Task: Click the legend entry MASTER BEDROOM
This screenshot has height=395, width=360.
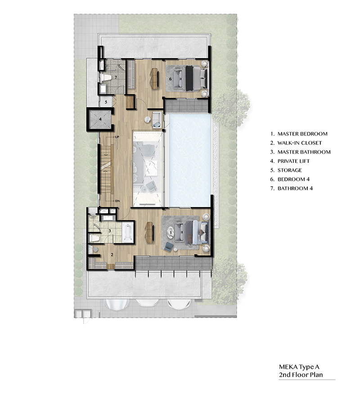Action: coord(302,134)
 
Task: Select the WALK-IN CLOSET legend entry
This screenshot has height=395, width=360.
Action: coord(300,143)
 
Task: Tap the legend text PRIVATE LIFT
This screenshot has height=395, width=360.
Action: coord(293,161)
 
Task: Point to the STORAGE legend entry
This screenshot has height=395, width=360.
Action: coord(290,170)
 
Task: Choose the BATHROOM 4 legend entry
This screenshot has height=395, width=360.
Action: coord(295,188)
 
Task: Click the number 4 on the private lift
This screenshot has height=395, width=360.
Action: coord(100,119)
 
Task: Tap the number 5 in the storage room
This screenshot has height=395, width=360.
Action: coord(106,102)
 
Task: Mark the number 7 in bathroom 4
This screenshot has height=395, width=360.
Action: coord(116,77)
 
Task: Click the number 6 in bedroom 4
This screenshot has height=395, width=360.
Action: coord(170,79)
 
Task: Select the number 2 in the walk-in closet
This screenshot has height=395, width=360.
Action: coord(112,255)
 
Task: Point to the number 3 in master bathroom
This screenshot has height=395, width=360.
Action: coord(110,230)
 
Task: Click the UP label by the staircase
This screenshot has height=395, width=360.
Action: coord(117,137)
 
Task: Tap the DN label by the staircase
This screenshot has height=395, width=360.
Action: coord(117,201)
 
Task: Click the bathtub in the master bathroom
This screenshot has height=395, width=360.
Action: coord(128,233)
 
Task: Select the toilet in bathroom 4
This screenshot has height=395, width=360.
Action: coord(106,77)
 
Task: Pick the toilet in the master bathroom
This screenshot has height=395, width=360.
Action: coord(94,238)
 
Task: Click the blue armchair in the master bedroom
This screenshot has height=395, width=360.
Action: coord(168,246)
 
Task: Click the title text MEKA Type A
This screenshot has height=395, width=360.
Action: coord(299,367)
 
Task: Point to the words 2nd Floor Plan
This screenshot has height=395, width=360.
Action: coord(301,375)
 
